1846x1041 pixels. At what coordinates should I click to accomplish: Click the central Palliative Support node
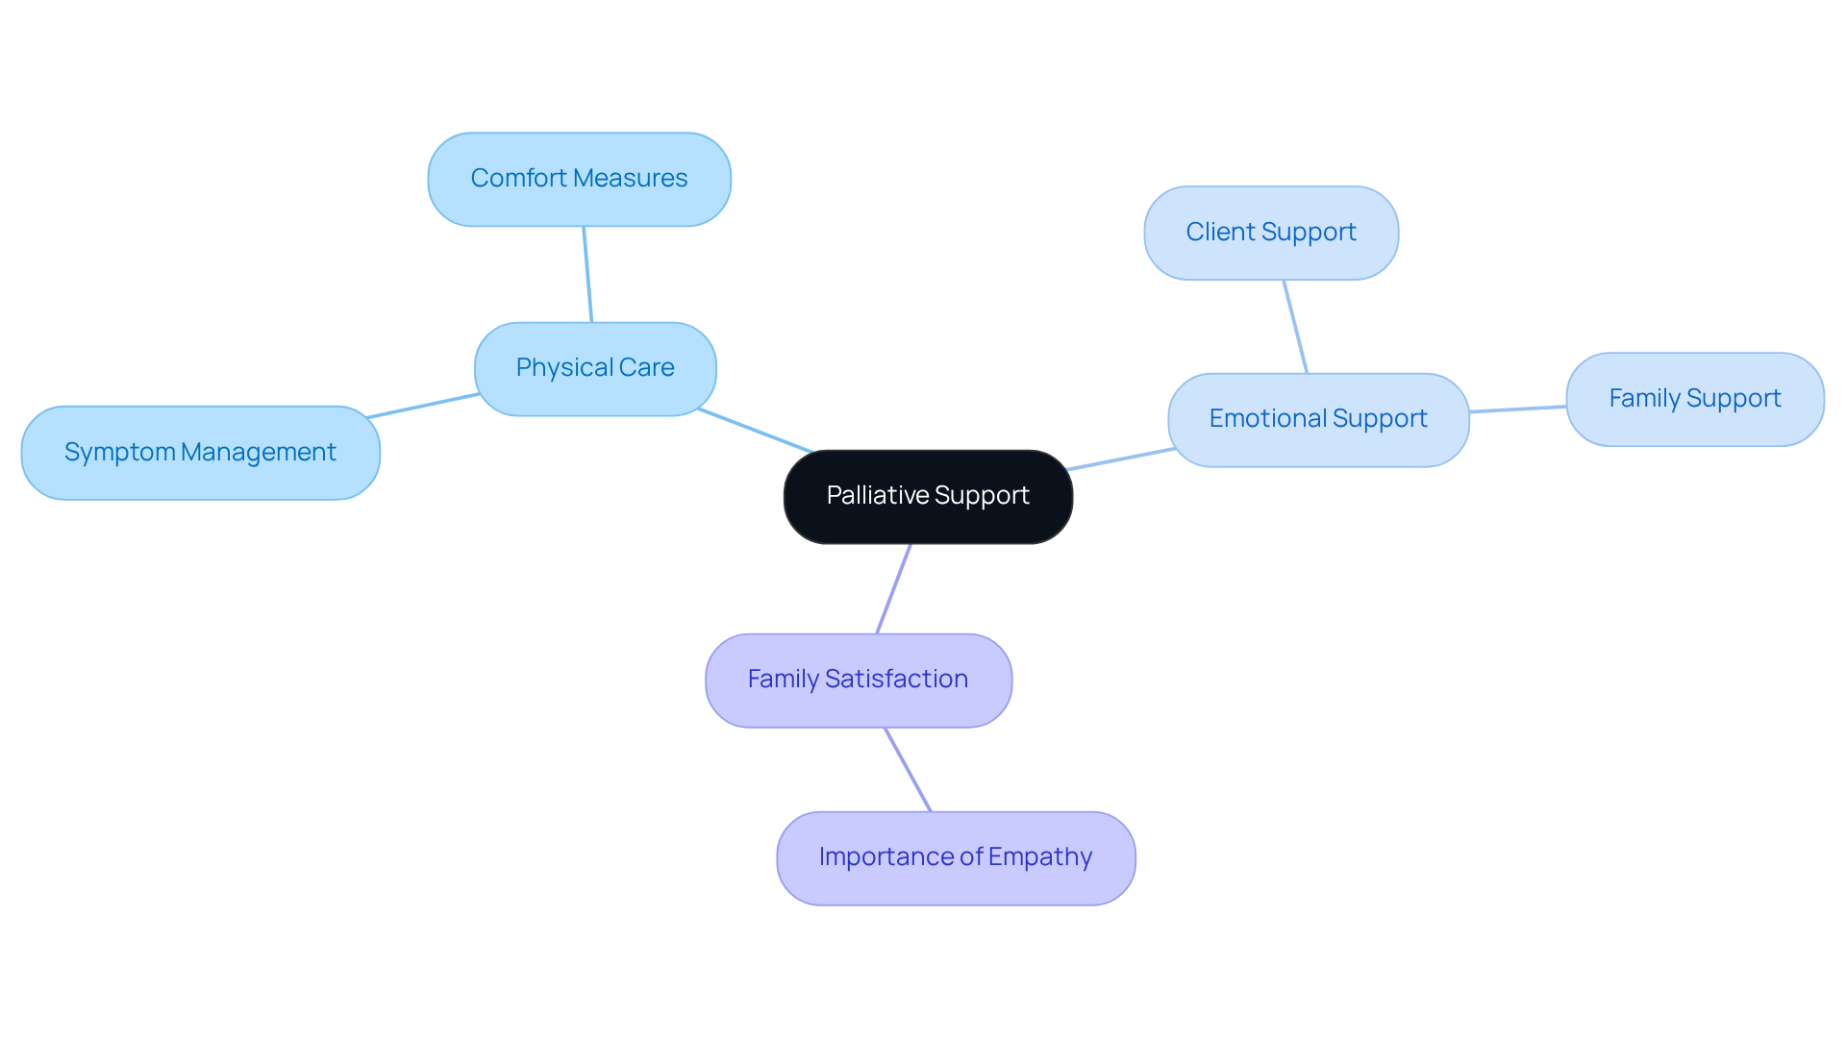click(928, 496)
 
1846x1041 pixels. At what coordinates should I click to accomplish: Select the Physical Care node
click(595, 368)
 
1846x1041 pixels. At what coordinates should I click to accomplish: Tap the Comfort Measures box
click(579, 179)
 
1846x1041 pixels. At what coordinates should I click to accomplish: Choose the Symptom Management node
click(200, 452)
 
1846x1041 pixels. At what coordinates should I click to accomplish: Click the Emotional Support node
click(1317, 419)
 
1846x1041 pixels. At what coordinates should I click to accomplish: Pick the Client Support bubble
click(1270, 233)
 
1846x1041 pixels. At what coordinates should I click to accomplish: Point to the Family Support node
click(1694, 399)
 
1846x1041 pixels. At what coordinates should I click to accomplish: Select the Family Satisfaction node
click(858, 680)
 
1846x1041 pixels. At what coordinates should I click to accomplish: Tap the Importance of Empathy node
click(955, 857)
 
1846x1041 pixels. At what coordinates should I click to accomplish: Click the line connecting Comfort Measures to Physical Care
click(587, 274)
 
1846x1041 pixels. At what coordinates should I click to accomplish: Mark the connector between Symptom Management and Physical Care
click(423, 406)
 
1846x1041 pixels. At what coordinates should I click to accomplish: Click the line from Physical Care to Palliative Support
click(756, 431)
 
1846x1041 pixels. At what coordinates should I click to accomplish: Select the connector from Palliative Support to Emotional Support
click(1120, 459)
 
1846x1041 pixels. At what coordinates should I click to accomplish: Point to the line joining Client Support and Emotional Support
click(1295, 327)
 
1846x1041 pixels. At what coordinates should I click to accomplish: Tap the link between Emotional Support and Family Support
click(1517, 409)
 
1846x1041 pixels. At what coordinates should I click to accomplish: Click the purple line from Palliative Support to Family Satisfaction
click(893, 588)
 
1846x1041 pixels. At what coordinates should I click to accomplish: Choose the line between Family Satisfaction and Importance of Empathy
click(908, 769)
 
